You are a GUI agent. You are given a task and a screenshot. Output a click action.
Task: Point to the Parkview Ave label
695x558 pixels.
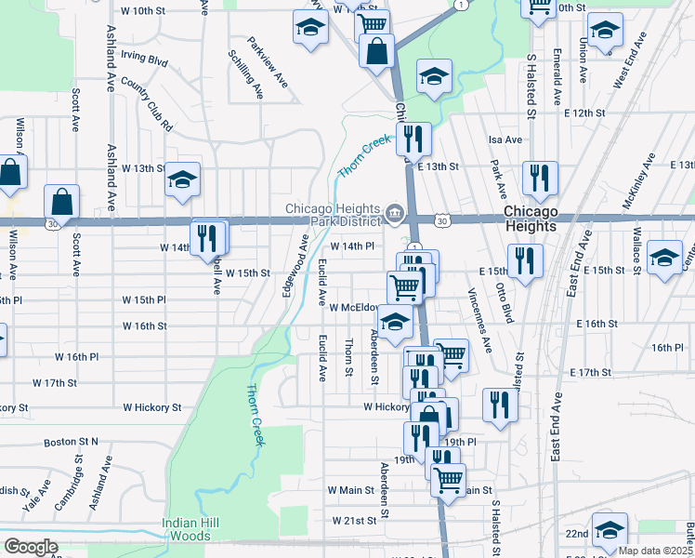click(x=269, y=62)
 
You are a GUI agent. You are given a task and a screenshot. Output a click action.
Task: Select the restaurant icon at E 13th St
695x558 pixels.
click(x=413, y=139)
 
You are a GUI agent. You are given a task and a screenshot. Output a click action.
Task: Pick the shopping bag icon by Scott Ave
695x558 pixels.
click(x=61, y=200)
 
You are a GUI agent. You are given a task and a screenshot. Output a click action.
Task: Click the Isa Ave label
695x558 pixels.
click(x=505, y=139)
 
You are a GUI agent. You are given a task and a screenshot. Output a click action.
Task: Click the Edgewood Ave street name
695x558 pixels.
click(x=295, y=266)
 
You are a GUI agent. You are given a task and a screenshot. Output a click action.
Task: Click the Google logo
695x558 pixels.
click(x=31, y=547)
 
